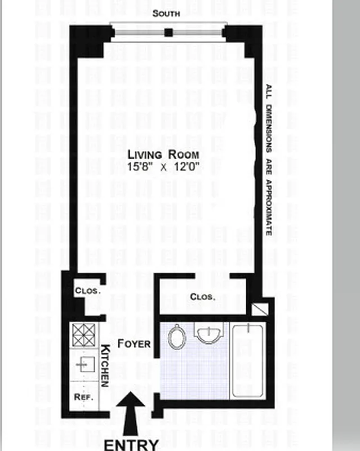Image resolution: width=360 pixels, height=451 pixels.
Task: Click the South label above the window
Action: (168, 14)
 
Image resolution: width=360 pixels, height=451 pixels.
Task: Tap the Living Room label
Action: (163, 154)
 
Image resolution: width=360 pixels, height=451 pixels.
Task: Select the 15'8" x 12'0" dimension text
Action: (163, 166)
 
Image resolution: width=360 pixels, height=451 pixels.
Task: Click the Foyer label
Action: (134, 343)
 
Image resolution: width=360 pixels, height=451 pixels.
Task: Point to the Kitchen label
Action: (105, 365)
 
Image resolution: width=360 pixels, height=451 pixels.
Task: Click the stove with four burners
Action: (83, 335)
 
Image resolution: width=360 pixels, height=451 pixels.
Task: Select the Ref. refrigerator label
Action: (83, 396)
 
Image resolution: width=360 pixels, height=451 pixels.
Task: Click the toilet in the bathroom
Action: (177, 338)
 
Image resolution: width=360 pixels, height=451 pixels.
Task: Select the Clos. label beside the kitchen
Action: (87, 291)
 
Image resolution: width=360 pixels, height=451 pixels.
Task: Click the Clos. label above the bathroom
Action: (202, 296)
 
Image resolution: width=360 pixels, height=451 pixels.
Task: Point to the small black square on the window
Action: (168, 33)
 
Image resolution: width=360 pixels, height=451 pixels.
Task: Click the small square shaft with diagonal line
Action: (260, 309)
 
